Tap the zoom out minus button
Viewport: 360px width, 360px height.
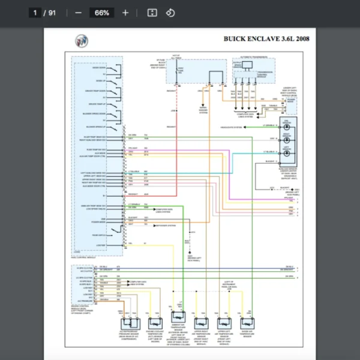tap(79, 13)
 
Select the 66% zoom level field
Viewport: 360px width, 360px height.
tap(101, 13)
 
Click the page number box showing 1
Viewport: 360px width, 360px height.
tap(36, 13)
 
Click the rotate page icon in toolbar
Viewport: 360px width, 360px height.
tap(170, 13)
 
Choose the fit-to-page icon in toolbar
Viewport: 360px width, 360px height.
tap(152, 13)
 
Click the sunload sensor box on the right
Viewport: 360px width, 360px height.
tap(289, 141)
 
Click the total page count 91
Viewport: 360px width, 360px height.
tap(52, 13)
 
